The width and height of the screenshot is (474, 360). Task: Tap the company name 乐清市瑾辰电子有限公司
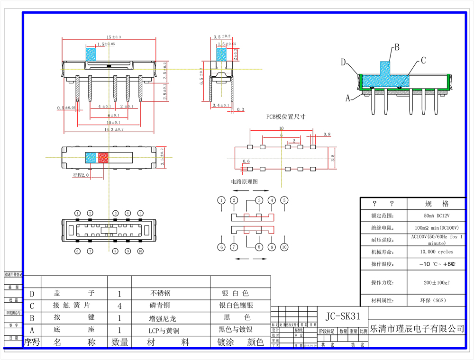tap(417, 328)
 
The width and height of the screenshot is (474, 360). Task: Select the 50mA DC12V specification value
tap(436, 216)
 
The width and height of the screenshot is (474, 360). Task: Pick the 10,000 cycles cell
tap(436, 252)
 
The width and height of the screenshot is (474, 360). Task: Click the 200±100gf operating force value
tap(436, 282)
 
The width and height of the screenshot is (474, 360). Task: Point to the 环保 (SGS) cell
tap(436, 300)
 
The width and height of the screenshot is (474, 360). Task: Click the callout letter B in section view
tap(397, 47)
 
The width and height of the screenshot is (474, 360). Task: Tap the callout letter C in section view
tap(423, 60)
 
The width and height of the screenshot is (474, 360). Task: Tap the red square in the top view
tap(103, 158)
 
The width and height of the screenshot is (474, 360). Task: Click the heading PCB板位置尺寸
tap(285, 117)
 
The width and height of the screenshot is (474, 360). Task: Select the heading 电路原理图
tap(245, 181)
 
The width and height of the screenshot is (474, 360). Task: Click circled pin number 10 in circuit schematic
tap(284, 247)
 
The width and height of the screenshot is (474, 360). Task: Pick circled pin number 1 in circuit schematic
tap(221, 200)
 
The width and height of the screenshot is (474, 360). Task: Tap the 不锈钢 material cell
tap(160, 293)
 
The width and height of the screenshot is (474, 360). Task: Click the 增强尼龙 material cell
tap(160, 318)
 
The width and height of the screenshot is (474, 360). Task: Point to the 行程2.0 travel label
tap(81, 175)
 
